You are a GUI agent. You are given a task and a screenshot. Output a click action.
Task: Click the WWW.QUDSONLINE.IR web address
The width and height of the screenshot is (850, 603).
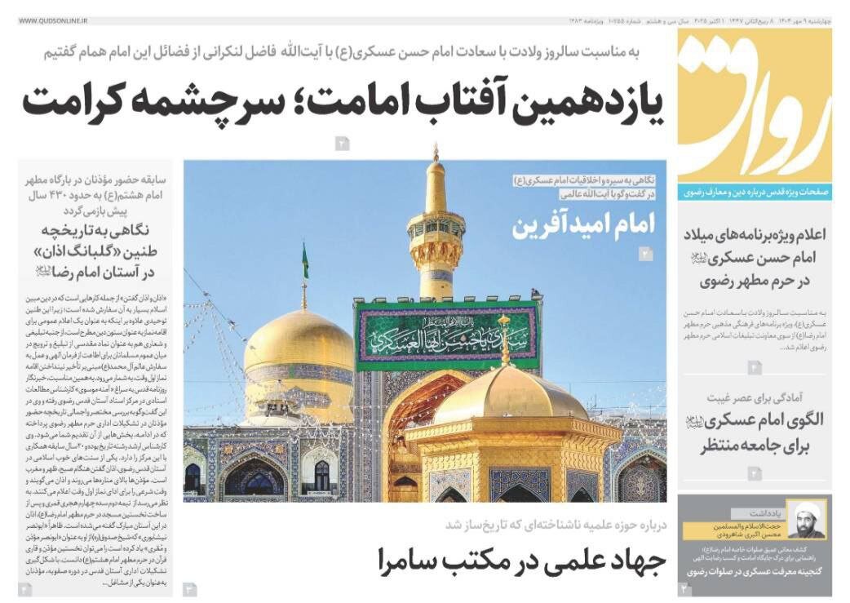[53, 19]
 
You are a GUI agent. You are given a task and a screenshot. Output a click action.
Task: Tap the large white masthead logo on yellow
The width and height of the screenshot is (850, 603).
[755, 102]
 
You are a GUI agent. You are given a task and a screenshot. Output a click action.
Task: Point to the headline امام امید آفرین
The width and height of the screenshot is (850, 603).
[583, 224]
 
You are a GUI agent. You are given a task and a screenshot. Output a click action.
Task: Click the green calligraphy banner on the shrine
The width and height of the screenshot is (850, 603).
[446, 335]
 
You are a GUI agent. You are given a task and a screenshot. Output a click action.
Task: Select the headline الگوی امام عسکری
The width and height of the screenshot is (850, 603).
[755, 432]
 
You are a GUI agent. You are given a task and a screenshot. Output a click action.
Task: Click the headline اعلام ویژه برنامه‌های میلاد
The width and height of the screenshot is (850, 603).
[755, 258]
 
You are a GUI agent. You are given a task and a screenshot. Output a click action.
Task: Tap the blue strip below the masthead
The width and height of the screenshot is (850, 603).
[755, 193]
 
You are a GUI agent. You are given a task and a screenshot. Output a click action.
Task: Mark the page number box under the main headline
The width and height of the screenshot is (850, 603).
[342, 144]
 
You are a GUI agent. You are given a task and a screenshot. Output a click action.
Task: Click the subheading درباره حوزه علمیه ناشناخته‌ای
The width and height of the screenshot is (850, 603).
[555, 525]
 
